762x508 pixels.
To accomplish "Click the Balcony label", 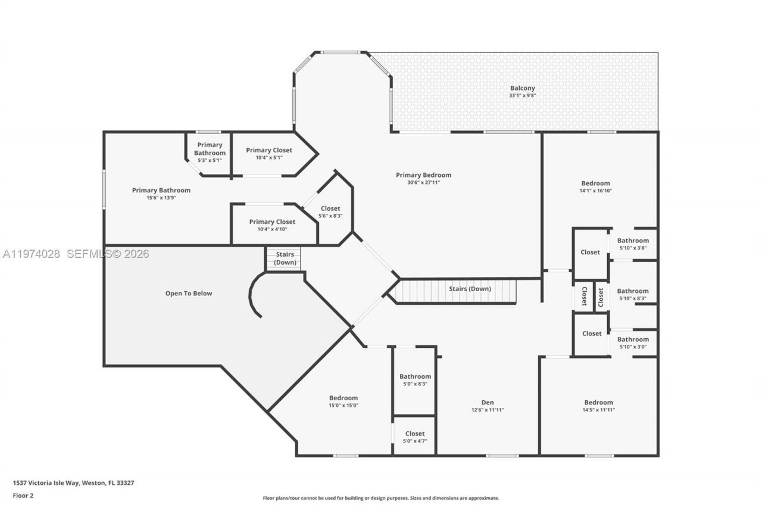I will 522,88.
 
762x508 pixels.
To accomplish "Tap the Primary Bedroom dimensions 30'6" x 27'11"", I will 423,182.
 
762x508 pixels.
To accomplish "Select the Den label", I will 488,403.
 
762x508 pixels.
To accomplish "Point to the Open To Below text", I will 188,294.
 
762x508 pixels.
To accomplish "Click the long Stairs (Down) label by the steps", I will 470,289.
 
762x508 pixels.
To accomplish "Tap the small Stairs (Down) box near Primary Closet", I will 285,258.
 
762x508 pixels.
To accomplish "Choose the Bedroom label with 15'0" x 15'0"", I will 343,398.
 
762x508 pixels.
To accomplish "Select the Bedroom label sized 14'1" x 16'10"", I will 595,183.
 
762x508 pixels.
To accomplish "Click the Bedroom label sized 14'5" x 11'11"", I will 598,403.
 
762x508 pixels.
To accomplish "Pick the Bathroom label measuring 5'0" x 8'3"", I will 415,376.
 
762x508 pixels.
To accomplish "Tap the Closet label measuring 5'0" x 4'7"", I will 415,434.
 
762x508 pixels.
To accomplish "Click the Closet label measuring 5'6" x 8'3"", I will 330,208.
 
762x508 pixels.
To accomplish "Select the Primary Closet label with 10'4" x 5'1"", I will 269,150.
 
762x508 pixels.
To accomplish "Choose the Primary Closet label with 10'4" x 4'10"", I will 272,222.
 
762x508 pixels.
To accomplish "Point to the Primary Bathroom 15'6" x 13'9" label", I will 161,191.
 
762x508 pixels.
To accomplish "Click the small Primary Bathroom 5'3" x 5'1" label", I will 210,149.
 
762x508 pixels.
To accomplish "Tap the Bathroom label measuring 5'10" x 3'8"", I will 633,241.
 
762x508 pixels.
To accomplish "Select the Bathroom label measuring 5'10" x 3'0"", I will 633,339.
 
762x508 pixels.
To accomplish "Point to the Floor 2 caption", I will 23,495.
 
